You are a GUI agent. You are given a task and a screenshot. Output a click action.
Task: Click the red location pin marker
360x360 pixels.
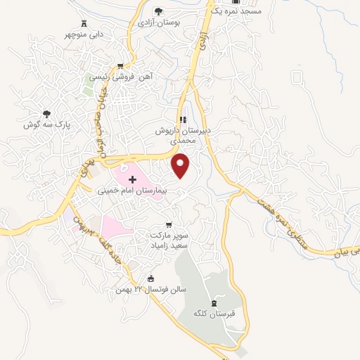pos(182,165)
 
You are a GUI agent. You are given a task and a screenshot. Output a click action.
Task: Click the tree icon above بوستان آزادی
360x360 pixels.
pos(157,11)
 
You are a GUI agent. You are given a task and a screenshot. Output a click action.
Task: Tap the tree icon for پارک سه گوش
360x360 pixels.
pos(46,113)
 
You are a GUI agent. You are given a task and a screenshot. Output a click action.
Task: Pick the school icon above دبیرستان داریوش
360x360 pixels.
pos(183,119)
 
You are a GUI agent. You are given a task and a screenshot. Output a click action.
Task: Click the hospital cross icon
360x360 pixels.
pos(131,161)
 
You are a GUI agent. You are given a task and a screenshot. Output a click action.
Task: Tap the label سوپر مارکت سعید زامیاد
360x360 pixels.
pos(169,237)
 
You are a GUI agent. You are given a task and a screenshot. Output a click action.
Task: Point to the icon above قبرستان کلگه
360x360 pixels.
pos(213,302)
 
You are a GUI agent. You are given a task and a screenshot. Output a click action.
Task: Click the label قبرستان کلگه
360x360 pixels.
pos(214,314)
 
